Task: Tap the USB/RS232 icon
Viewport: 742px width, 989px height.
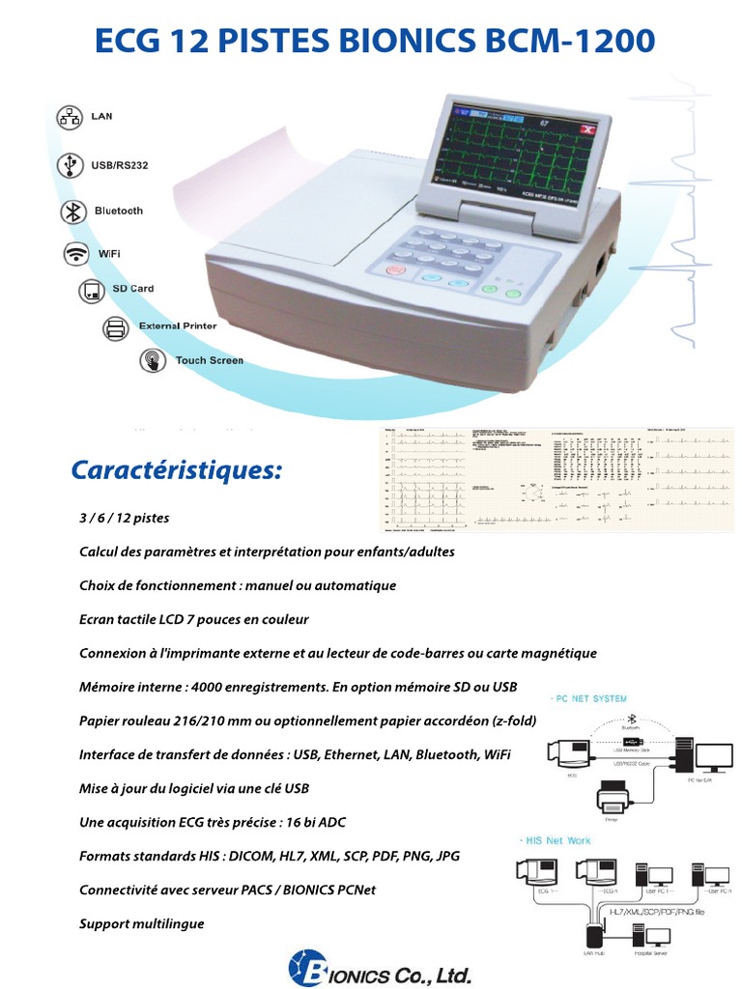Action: tap(70, 164)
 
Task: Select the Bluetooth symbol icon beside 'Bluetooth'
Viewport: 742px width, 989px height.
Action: tap(71, 212)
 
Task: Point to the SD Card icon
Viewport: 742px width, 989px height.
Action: tap(91, 290)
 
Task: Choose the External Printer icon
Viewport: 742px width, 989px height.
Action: tap(116, 326)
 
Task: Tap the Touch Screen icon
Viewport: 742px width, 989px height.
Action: tap(152, 361)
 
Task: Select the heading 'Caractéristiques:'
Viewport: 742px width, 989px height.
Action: tap(177, 470)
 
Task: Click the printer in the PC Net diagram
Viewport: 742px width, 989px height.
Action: tap(611, 800)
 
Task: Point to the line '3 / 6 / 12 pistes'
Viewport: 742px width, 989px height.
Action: tap(124, 518)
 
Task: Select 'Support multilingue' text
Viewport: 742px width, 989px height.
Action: tap(141, 923)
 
